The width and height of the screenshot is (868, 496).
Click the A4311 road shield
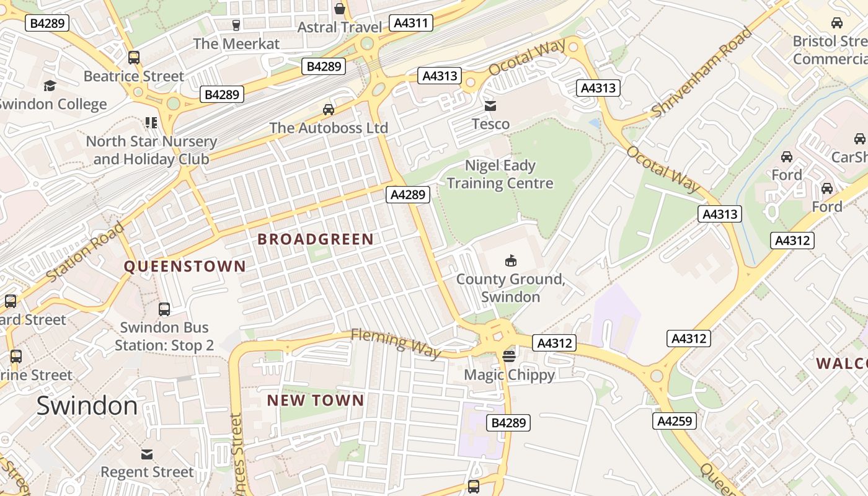(x=411, y=23)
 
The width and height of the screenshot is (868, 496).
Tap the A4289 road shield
(x=408, y=194)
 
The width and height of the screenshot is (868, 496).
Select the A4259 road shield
(x=675, y=421)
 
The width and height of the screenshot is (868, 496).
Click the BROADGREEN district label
(x=316, y=239)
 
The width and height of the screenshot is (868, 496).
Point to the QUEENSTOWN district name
(x=185, y=267)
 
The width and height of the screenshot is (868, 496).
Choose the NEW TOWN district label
(x=316, y=401)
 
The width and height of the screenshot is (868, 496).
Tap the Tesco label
(x=490, y=124)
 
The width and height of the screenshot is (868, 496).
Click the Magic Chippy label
(x=509, y=374)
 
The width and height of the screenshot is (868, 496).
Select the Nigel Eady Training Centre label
(x=500, y=174)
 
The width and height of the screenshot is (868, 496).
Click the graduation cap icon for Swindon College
(x=50, y=86)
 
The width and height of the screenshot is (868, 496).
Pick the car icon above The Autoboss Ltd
(x=329, y=110)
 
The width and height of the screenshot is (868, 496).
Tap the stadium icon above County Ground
(x=511, y=260)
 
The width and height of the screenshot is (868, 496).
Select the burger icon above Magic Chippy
(x=509, y=356)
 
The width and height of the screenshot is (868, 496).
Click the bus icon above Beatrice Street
(x=134, y=58)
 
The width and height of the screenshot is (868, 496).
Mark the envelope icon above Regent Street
(x=147, y=454)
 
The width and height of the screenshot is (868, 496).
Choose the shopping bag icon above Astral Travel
(x=340, y=9)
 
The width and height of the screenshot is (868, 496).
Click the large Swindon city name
(x=87, y=405)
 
